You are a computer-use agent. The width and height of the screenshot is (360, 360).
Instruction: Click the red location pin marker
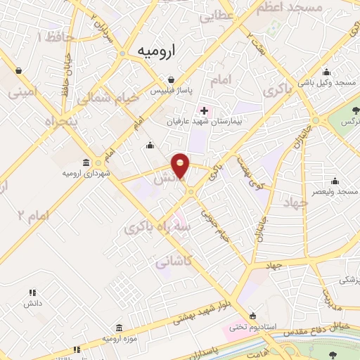[181, 165]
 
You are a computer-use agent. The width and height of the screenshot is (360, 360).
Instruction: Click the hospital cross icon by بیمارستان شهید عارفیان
[204, 110]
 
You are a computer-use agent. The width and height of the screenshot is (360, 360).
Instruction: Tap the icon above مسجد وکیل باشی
[327, 72]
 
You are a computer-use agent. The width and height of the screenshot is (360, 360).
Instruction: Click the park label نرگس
[347, 122]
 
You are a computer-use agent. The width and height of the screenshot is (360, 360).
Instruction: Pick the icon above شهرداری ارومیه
[86, 162]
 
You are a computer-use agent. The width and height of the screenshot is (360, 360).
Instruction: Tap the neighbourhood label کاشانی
[170, 262]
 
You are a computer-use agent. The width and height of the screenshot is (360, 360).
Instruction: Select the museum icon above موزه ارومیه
[118, 328]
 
